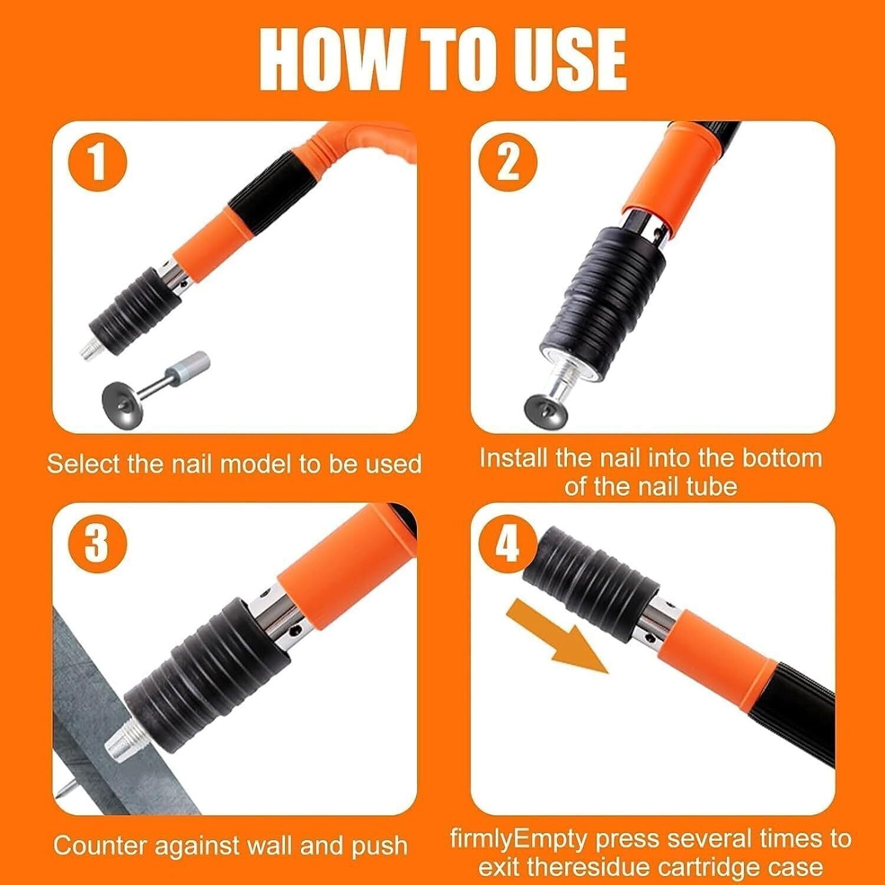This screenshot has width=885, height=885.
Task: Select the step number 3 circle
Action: click(97, 543)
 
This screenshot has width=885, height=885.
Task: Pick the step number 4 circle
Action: click(506, 543)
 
